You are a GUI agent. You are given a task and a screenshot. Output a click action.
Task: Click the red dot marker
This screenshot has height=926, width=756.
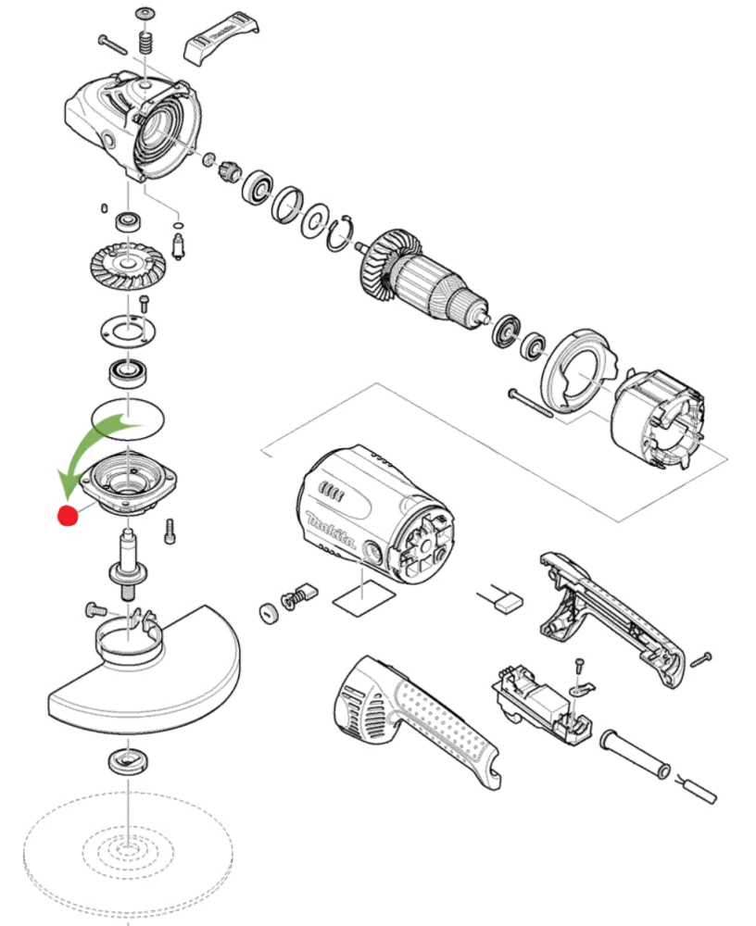(x=67, y=516)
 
